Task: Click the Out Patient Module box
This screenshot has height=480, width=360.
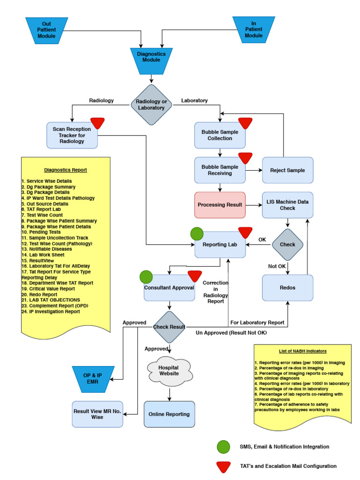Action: click(46, 30)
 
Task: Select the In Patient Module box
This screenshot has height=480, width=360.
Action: click(254, 29)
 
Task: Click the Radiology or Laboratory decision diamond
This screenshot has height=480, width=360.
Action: click(150, 105)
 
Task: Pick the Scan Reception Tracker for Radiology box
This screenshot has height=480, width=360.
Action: click(72, 135)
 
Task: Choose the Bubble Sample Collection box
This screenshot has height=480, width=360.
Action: click(220, 135)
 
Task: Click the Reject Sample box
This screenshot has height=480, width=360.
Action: click(287, 170)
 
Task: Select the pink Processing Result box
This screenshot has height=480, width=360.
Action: click(220, 205)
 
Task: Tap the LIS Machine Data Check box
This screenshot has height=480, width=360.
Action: click(287, 205)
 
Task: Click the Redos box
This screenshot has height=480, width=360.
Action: click(287, 287)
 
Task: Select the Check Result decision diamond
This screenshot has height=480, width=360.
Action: click(169, 327)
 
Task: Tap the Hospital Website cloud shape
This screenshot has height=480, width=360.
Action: click(169, 370)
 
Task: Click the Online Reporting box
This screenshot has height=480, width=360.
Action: click(169, 414)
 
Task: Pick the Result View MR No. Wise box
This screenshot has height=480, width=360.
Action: click(97, 414)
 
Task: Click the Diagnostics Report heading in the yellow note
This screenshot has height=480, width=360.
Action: click(66, 170)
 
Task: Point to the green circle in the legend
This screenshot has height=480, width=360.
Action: click(224, 447)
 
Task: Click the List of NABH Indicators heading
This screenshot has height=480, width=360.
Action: click(302, 351)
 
